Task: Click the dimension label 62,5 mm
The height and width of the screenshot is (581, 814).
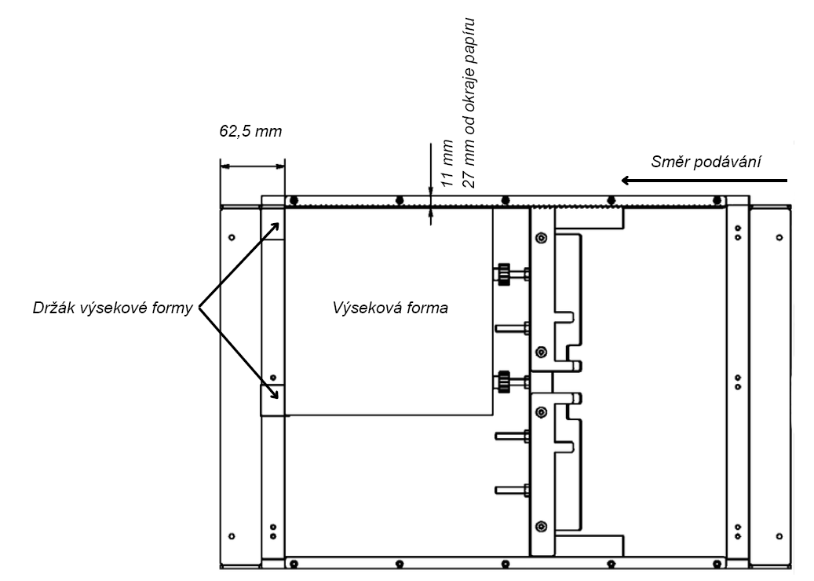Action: [250, 130]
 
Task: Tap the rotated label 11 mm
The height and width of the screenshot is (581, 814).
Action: [447, 163]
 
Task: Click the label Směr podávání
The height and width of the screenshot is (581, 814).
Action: [707, 162]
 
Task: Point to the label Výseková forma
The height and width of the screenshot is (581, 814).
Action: [390, 308]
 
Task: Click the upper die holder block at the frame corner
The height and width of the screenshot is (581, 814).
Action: [272, 224]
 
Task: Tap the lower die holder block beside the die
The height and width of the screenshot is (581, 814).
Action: [272, 400]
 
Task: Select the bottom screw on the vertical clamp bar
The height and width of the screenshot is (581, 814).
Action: [540, 525]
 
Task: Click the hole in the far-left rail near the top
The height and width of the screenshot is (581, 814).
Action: [231, 236]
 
